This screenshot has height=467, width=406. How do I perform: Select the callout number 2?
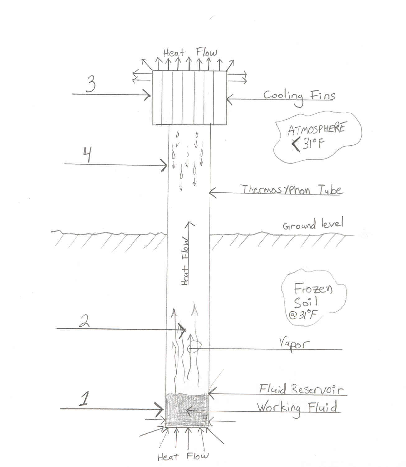pos(85,320)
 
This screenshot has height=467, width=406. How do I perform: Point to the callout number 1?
pos(83,399)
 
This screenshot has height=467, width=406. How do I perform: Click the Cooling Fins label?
pos(299,96)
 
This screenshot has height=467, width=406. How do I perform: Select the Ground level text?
pos(313,224)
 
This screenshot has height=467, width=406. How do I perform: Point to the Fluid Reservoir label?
pos(301,389)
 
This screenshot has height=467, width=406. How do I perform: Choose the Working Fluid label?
pos(297,408)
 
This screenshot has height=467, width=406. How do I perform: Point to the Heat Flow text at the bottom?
pos(183,457)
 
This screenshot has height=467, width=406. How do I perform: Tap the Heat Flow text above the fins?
pos(190,53)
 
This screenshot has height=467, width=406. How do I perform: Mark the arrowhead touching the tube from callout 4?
pos(165,164)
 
